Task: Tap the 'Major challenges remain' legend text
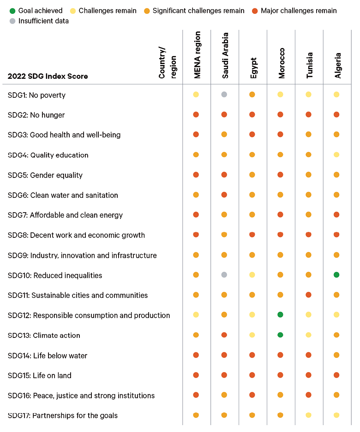click(x=299, y=11)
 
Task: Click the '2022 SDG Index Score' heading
click(x=48, y=76)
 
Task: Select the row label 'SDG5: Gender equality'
click(x=45, y=175)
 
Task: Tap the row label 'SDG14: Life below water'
click(x=48, y=355)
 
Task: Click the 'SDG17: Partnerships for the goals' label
click(x=63, y=415)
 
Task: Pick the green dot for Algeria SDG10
click(x=336, y=275)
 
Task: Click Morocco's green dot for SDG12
click(x=280, y=315)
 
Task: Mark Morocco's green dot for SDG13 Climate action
click(x=280, y=335)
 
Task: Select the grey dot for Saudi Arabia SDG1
click(x=224, y=95)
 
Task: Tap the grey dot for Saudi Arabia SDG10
click(x=224, y=275)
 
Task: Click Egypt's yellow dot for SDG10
click(x=252, y=275)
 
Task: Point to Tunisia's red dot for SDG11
click(x=308, y=295)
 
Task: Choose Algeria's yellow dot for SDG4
click(x=336, y=155)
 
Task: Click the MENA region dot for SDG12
click(x=196, y=315)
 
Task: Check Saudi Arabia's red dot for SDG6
click(x=224, y=195)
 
